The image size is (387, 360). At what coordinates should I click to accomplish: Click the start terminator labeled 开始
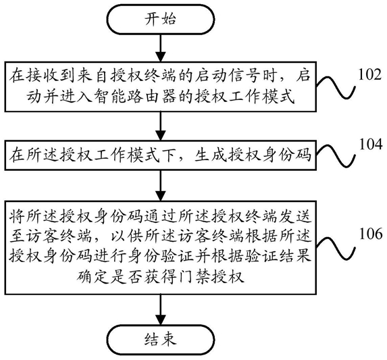pyautogui.click(x=161, y=19)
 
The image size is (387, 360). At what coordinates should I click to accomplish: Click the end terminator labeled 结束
pyautogui.click(x=161, y=340)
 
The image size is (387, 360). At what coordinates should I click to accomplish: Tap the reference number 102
pyautogui.click(x=369, y=74)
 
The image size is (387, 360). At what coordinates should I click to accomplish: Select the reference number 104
pyautogui.click(x=371, y=144)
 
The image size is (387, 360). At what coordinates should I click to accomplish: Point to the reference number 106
pyautogui.click(x=371, y=234)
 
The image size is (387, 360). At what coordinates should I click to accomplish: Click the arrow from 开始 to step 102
pyautogui.click(x=161, y=48)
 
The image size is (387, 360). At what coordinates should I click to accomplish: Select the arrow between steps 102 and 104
pyautogui.click(x=161, y=126)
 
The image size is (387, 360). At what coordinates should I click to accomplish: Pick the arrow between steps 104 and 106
pyautogui.click(x=161, y=186)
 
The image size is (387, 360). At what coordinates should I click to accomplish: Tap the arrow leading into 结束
pyautogui.click(x=161, y=309)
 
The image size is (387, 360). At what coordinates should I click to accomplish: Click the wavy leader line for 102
pyautogui.click(x=336, y=87)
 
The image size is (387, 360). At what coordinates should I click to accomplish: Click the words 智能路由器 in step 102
pyautogui.click(x=135, y=96)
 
